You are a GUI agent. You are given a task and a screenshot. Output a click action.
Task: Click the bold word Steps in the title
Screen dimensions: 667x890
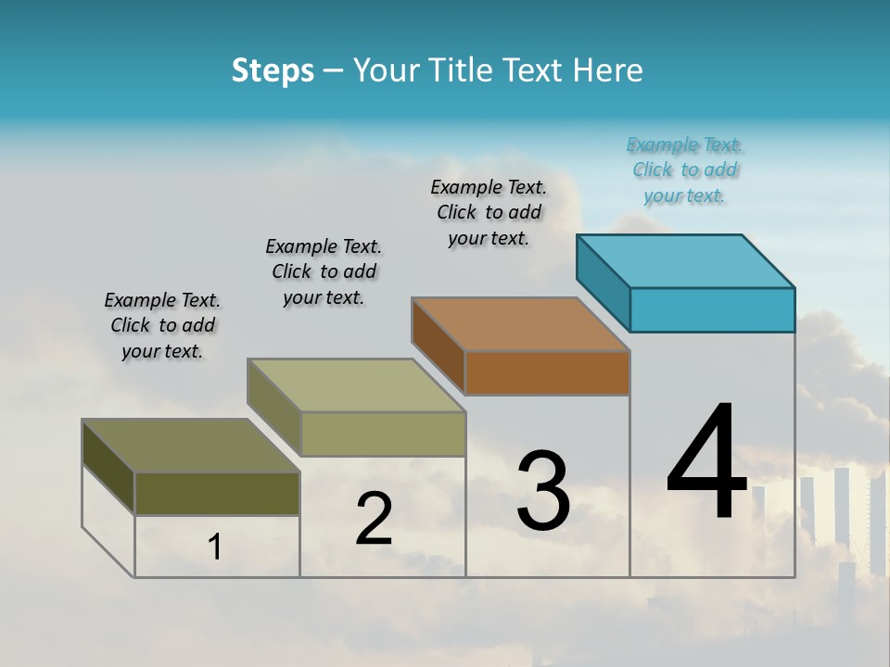[273, 70]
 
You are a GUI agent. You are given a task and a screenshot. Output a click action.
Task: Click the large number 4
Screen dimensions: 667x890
[706, 463]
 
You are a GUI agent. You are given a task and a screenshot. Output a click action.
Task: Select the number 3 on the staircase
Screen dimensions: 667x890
[543, 491]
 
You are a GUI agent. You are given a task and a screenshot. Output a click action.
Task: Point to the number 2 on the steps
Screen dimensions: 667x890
[374, 519]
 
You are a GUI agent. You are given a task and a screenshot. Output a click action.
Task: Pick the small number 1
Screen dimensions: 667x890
[215, 547]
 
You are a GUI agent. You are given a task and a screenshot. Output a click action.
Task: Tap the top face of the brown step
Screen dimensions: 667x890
[521, 324]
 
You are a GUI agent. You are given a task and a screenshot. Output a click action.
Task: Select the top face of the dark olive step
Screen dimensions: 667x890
[191, 446]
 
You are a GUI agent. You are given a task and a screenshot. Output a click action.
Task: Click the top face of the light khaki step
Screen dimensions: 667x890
[356, 385]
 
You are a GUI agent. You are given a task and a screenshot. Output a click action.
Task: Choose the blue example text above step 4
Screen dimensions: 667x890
[685, 170]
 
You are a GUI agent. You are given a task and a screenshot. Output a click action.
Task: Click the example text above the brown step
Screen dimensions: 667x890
[489, 212]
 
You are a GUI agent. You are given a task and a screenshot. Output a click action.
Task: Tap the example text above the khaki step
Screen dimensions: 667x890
[324, 271]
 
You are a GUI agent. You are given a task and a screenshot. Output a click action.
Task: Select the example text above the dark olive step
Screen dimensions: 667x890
[162, 326]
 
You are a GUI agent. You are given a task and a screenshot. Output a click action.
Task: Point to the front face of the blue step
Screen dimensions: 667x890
[712, 309]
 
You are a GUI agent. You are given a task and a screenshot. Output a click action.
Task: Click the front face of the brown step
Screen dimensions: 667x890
[547, 372]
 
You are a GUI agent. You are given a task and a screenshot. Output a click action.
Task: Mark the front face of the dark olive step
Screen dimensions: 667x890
[217, 494]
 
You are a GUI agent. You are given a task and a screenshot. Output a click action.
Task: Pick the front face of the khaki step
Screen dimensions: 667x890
[382, 434]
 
